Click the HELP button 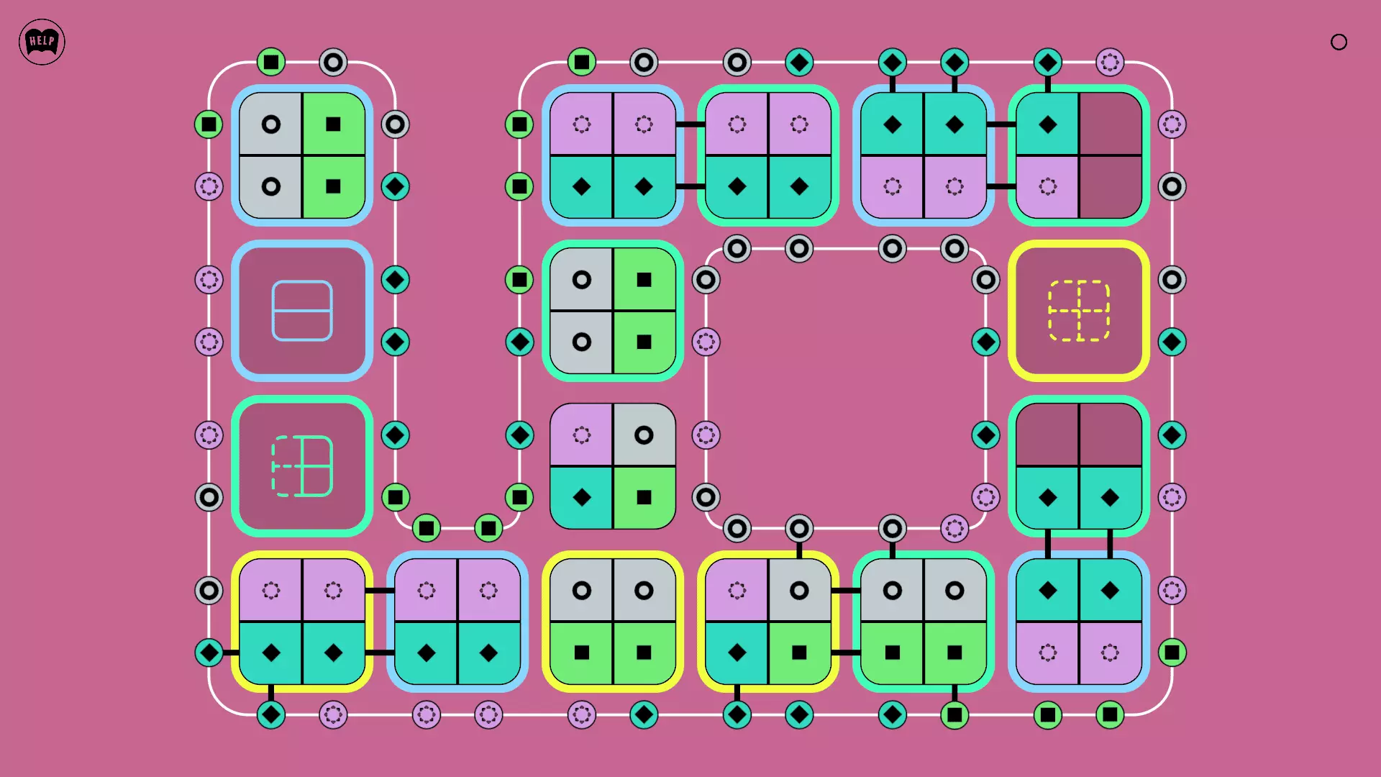(42, 42)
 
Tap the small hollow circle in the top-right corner (1339, 42)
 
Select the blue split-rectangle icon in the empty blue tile (302, 311)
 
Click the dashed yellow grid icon (1079, 311)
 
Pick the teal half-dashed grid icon (302, 466)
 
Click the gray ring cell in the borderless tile (644, 435)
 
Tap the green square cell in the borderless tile (644, 497)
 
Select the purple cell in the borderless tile (582, 435)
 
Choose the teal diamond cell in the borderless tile (582, 497)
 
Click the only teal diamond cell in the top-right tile (1048, 124)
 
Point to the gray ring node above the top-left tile (333, 63)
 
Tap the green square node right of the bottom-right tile (1172, 653)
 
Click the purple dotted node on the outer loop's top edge (1110, 63)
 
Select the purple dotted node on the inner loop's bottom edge (954, 529)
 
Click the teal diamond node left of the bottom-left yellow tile (209, 653)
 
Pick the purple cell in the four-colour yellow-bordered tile (737, 591)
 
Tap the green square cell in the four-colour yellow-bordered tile (799, 653)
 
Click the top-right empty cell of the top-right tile (1110, 124)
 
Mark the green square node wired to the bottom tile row (954, 714)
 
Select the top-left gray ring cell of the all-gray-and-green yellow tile (582, 591)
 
